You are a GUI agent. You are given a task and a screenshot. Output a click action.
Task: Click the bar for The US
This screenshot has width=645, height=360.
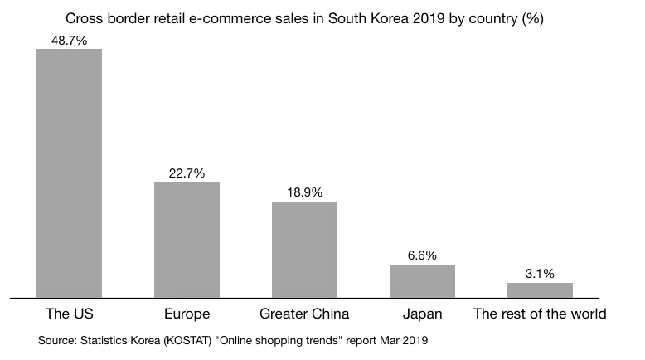70,173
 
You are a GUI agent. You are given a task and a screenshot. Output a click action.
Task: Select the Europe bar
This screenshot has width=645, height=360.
187,239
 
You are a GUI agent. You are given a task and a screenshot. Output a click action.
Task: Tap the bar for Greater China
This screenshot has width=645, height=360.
305,249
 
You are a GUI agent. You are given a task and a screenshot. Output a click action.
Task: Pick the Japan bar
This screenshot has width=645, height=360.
423,280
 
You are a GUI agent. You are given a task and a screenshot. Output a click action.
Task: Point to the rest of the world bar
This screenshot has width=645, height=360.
540,289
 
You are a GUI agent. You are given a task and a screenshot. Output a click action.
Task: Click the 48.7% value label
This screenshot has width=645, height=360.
70,38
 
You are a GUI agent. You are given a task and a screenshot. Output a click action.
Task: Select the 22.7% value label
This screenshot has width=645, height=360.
187,173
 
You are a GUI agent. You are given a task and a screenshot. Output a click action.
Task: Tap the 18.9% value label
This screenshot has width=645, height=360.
305,192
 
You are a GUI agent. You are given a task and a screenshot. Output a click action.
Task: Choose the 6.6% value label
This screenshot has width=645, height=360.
423,255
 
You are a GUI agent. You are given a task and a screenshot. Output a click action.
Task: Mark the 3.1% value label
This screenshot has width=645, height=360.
540,273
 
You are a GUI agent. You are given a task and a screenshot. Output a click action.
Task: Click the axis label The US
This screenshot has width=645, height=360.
70,314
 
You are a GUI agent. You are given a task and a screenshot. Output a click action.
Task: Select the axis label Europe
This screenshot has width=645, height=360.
187,314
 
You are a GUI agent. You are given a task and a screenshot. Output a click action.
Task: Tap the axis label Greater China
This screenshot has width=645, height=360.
305,314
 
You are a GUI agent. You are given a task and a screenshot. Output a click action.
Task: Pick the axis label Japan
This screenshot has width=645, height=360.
423,314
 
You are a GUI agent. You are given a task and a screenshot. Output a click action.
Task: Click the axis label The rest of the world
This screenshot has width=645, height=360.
540,314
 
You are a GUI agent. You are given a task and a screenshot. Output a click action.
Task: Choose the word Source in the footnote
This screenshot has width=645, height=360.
57,340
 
